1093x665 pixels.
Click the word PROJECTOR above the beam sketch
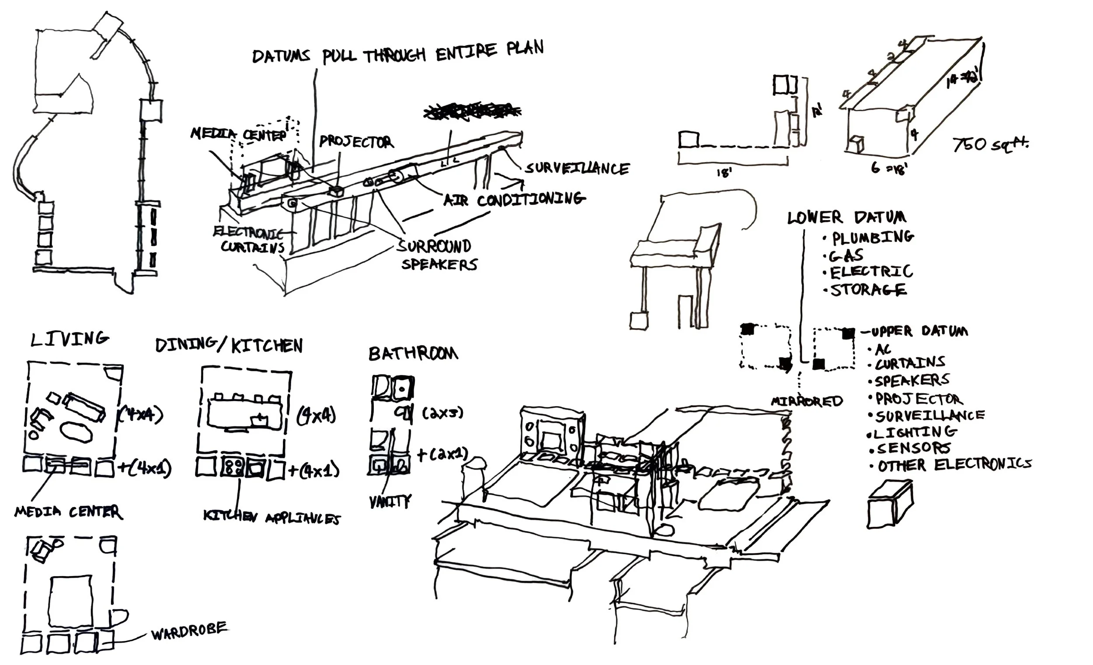[356, 142]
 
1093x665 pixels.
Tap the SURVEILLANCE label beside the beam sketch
[577, 168]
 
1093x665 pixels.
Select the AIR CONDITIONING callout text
[514, 199]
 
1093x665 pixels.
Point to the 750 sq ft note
[991, 144]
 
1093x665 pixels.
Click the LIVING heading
[70, 339]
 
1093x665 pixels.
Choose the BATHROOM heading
[413, 353]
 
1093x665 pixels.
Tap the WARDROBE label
[189, 631]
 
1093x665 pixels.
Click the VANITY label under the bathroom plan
[390, 501]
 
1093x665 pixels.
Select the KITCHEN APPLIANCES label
[272, 517]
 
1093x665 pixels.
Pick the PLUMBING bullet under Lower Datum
[872, 238]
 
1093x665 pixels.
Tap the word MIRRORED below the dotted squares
[807, 401]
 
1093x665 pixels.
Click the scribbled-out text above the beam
[472, 112]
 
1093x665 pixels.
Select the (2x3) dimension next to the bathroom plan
[442, 413]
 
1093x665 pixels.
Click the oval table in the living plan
[77, 431]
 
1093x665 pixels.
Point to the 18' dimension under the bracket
[724, 173]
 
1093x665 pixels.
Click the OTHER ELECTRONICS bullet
[954, 465]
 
